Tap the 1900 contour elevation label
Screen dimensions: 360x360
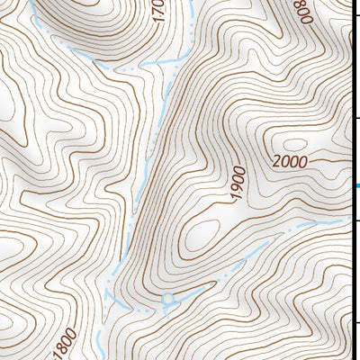point(237,184)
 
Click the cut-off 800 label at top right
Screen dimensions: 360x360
point(301,11)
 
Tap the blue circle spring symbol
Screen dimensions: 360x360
point(166,296)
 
